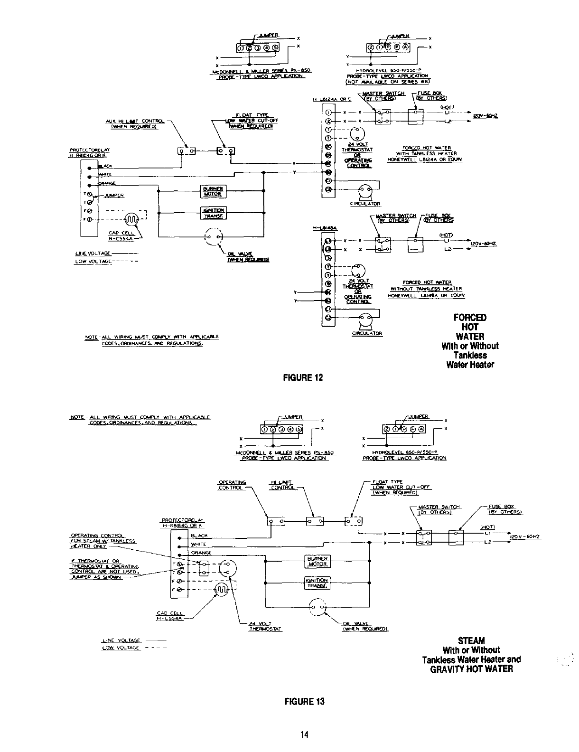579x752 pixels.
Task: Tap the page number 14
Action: click(x=304, y=735)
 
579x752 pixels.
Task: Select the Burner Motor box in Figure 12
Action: click(x=209, y=191)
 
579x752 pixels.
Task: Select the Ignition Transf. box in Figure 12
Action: click(x=209, y=213)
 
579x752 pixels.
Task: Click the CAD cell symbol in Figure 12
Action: click(x=131, y=219)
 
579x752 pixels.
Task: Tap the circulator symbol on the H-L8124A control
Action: click(x=365, y=192)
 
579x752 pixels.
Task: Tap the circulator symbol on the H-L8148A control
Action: click(x=365, y=320)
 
